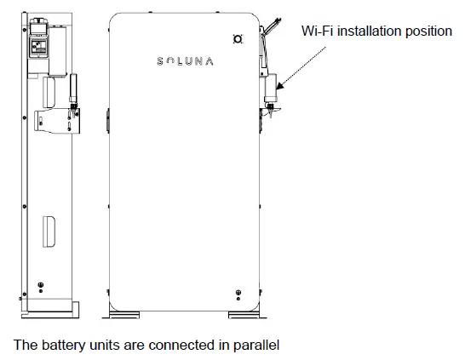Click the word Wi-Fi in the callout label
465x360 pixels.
coord(317,31)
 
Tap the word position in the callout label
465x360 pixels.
coord(428,31)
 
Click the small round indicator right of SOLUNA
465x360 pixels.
coord(238,39)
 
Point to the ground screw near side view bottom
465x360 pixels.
coord(38,285)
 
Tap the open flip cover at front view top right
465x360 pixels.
coord(272,30)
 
